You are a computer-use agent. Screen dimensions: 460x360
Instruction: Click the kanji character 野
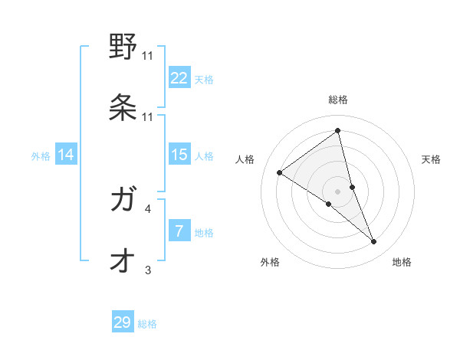[x=123, y=47]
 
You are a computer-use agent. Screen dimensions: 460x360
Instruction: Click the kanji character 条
[x=123, y=108]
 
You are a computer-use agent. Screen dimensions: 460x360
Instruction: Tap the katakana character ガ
[x=123, y=201]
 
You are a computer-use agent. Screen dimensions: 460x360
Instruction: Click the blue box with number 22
[x=179, y=78]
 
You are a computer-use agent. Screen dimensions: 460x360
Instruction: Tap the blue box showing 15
[x=179, y=155]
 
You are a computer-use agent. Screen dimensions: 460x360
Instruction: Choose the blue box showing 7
[x=179, y=231]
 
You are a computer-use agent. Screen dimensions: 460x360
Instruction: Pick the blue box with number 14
[x=66, y=155]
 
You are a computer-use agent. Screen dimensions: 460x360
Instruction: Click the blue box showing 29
[x=123, y=322]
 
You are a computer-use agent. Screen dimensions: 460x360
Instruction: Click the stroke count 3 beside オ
[x=148, y=270]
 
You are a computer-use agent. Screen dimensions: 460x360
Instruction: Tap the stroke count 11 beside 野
[x=148, y=55]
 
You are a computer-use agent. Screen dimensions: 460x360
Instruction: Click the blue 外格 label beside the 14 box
[x=41, y=155]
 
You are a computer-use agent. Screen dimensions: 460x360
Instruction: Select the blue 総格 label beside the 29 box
[x=147, y=324]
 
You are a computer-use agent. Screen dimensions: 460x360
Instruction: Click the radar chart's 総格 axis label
[x=338, y=100]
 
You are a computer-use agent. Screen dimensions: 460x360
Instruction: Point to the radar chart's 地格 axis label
[x=402, y=262]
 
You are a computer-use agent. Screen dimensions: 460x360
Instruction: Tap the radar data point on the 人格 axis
[x=279, y=172]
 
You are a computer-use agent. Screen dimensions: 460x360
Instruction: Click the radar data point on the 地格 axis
[x=374, y=242]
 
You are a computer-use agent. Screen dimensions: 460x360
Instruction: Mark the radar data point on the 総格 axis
[x=337, y=131]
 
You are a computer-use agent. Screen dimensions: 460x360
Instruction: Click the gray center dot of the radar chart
[x=337, y=190]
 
